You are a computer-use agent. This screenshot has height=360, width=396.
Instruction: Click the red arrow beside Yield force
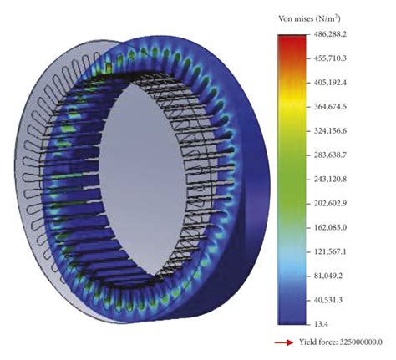285,342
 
